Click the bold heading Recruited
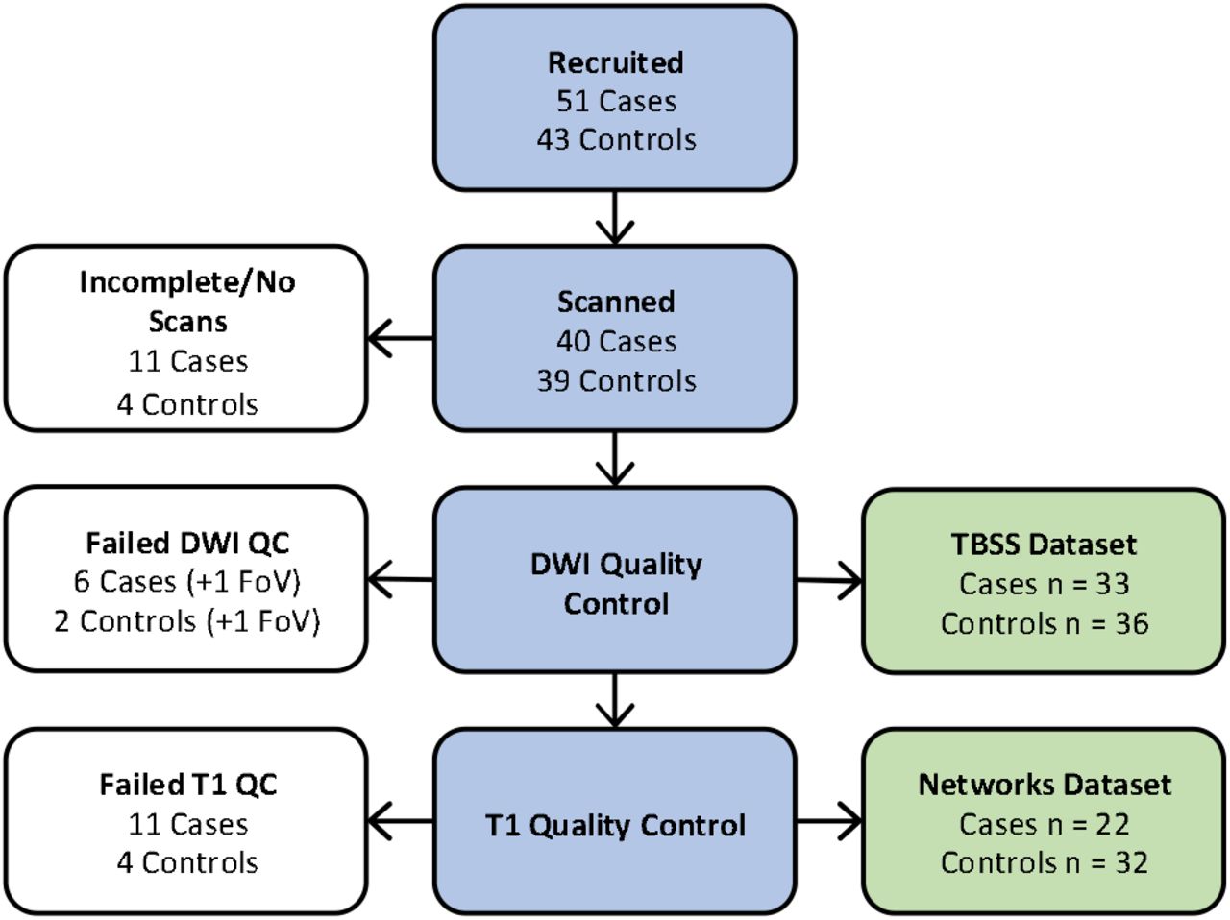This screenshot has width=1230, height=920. (615, 62)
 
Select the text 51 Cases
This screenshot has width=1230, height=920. (616, 102)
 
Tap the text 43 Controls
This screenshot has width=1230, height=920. (616, 139)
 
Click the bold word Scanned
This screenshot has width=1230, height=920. (616, 303)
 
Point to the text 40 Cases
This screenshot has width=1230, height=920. (616, 341)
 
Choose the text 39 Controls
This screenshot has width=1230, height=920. (616, 380)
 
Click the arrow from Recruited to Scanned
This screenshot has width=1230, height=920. (615, 218)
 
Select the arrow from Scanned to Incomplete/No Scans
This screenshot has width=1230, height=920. (400, 338)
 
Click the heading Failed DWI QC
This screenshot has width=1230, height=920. (187, 544)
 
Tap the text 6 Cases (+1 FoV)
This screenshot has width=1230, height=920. (187, 582)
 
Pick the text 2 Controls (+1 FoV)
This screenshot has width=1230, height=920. (187, 621)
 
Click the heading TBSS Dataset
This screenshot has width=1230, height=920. (1045, 545)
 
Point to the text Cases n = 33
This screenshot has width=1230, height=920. (1045, 584)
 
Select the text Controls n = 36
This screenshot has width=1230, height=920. (1045, 623)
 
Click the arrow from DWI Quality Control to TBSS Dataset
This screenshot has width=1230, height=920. (829, 581)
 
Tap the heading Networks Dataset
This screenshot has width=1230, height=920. (1045, 785)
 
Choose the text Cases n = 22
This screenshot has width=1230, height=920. (1045, 824)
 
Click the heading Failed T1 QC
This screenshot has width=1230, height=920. (187, 785)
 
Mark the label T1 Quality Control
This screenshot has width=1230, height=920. (615, 825)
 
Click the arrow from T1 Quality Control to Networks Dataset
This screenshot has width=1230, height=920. (829, 821)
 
